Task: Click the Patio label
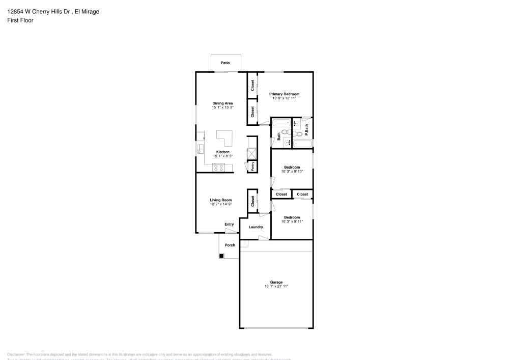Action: coord(225,63)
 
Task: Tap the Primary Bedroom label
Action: coord(284,94)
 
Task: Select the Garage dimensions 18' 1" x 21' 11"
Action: coord(276,286)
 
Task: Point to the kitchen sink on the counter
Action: coord(200,149)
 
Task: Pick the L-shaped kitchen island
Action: coord(224,138)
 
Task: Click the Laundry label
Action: coord(256,227)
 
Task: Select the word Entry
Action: coord(230,224)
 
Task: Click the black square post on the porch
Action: coord(221,256)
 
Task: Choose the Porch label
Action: coord(230,245)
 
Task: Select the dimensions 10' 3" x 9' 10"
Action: coord(292,172)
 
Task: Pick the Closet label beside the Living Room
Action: coord(252,201)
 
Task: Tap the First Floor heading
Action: coord(20,20)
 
